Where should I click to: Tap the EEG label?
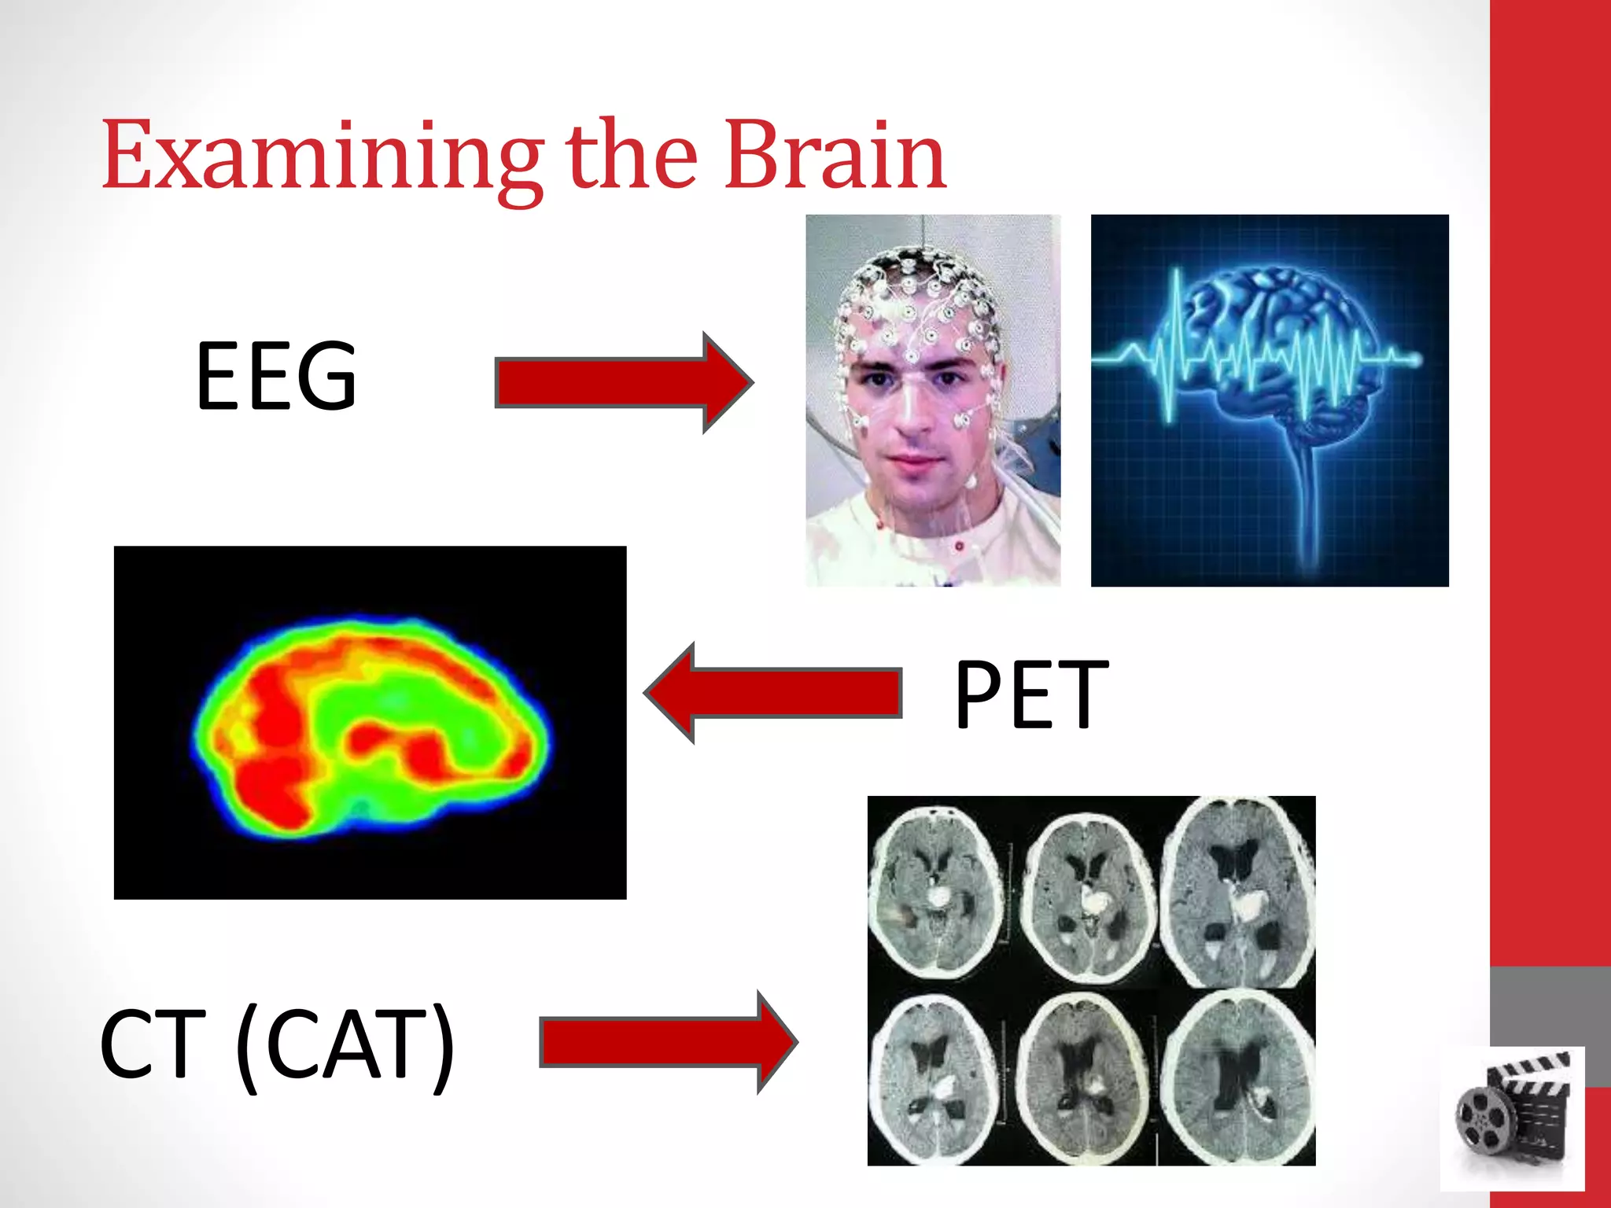277,376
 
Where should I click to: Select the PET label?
1030,695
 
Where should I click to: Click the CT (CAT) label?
277,1044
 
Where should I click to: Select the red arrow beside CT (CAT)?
669,1042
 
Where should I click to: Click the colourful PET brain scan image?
370,724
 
